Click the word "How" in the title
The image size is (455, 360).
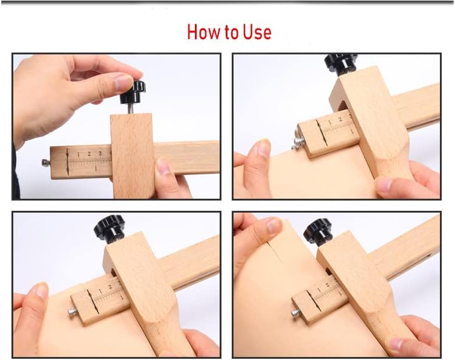[204, 31]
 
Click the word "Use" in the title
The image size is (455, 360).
[257, 31]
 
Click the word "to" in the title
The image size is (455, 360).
[231, 33]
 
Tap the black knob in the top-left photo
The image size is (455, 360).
[133, 92]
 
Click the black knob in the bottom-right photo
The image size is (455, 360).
[319, 231]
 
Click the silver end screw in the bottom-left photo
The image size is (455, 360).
[73, 312]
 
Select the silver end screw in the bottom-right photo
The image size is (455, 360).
[296, 313]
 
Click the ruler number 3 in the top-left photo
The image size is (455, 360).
[100, 153]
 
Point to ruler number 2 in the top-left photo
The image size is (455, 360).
[89, 153]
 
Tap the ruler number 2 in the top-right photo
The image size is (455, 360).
[340, 119]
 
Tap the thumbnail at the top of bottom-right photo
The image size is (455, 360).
[273, 226]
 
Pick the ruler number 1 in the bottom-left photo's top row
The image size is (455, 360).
[100, 291]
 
